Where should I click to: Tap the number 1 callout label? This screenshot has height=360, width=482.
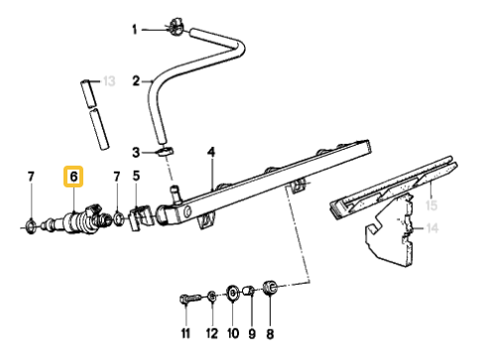click(x=135, y=30)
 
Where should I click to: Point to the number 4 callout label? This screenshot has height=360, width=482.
click(x=211, y=152)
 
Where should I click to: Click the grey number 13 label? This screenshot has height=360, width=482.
click(x=109, y=80)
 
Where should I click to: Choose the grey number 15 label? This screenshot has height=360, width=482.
click(x=431, y=206)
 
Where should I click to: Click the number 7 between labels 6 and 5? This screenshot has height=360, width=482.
click(x=116, y=178)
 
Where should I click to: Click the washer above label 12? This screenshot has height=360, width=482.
click(x=211, y=295)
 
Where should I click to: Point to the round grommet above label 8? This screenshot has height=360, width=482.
click(x=268, y=290)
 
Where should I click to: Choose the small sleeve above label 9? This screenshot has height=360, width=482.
click(x=251, y=292)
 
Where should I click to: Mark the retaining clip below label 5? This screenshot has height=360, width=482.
click(x=139, y=212)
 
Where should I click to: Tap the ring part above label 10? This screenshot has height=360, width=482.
click(x=232, y=292)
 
